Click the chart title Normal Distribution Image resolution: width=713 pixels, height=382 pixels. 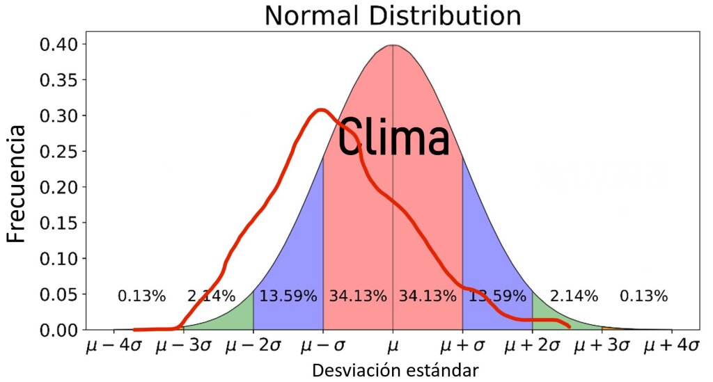pos(392,15)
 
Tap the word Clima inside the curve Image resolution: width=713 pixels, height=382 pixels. pos(393,138)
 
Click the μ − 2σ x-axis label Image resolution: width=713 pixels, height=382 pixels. pos(253,346)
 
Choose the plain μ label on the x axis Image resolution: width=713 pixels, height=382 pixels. pos(393,346)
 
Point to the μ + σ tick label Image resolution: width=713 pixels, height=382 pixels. pos(462,346)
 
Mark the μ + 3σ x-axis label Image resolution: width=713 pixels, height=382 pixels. pos(602,346)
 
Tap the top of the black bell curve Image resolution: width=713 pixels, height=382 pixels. pos(393,45)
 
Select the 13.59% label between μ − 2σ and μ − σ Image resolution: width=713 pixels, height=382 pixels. pos(288,296)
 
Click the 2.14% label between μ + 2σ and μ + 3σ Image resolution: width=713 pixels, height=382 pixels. pos(574,296)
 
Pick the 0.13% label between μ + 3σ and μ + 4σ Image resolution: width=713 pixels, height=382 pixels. pos(644,296)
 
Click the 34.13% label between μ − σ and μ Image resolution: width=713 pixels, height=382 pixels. pos(358,296)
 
